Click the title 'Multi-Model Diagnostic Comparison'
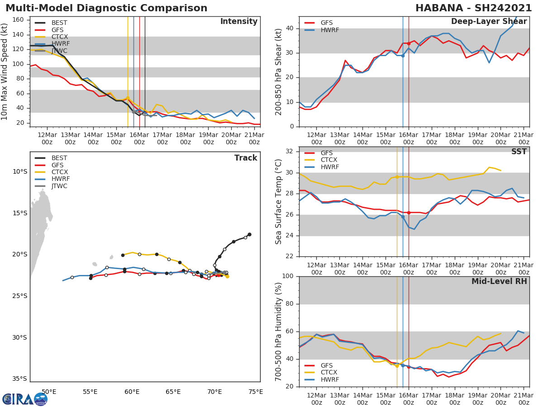(x=106, y=8)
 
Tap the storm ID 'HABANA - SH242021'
(x=473, y=8)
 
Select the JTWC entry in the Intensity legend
(x=59, y=51)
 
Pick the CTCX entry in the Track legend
(x=59, y=172)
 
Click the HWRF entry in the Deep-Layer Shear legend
(x=329, y=30)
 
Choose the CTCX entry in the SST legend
(x=329, y=160)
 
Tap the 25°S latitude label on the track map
(x=19, y=296)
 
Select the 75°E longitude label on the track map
(x=256, y=392)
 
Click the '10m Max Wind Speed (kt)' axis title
(x=5, y=71)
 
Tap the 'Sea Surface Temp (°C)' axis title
(x=279, y=202)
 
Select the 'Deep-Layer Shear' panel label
(x=489, y=22)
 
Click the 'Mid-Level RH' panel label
(x=499, y=281)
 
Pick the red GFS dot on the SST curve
(x=409, y=213)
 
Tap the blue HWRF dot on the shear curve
(x=403, y=56)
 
